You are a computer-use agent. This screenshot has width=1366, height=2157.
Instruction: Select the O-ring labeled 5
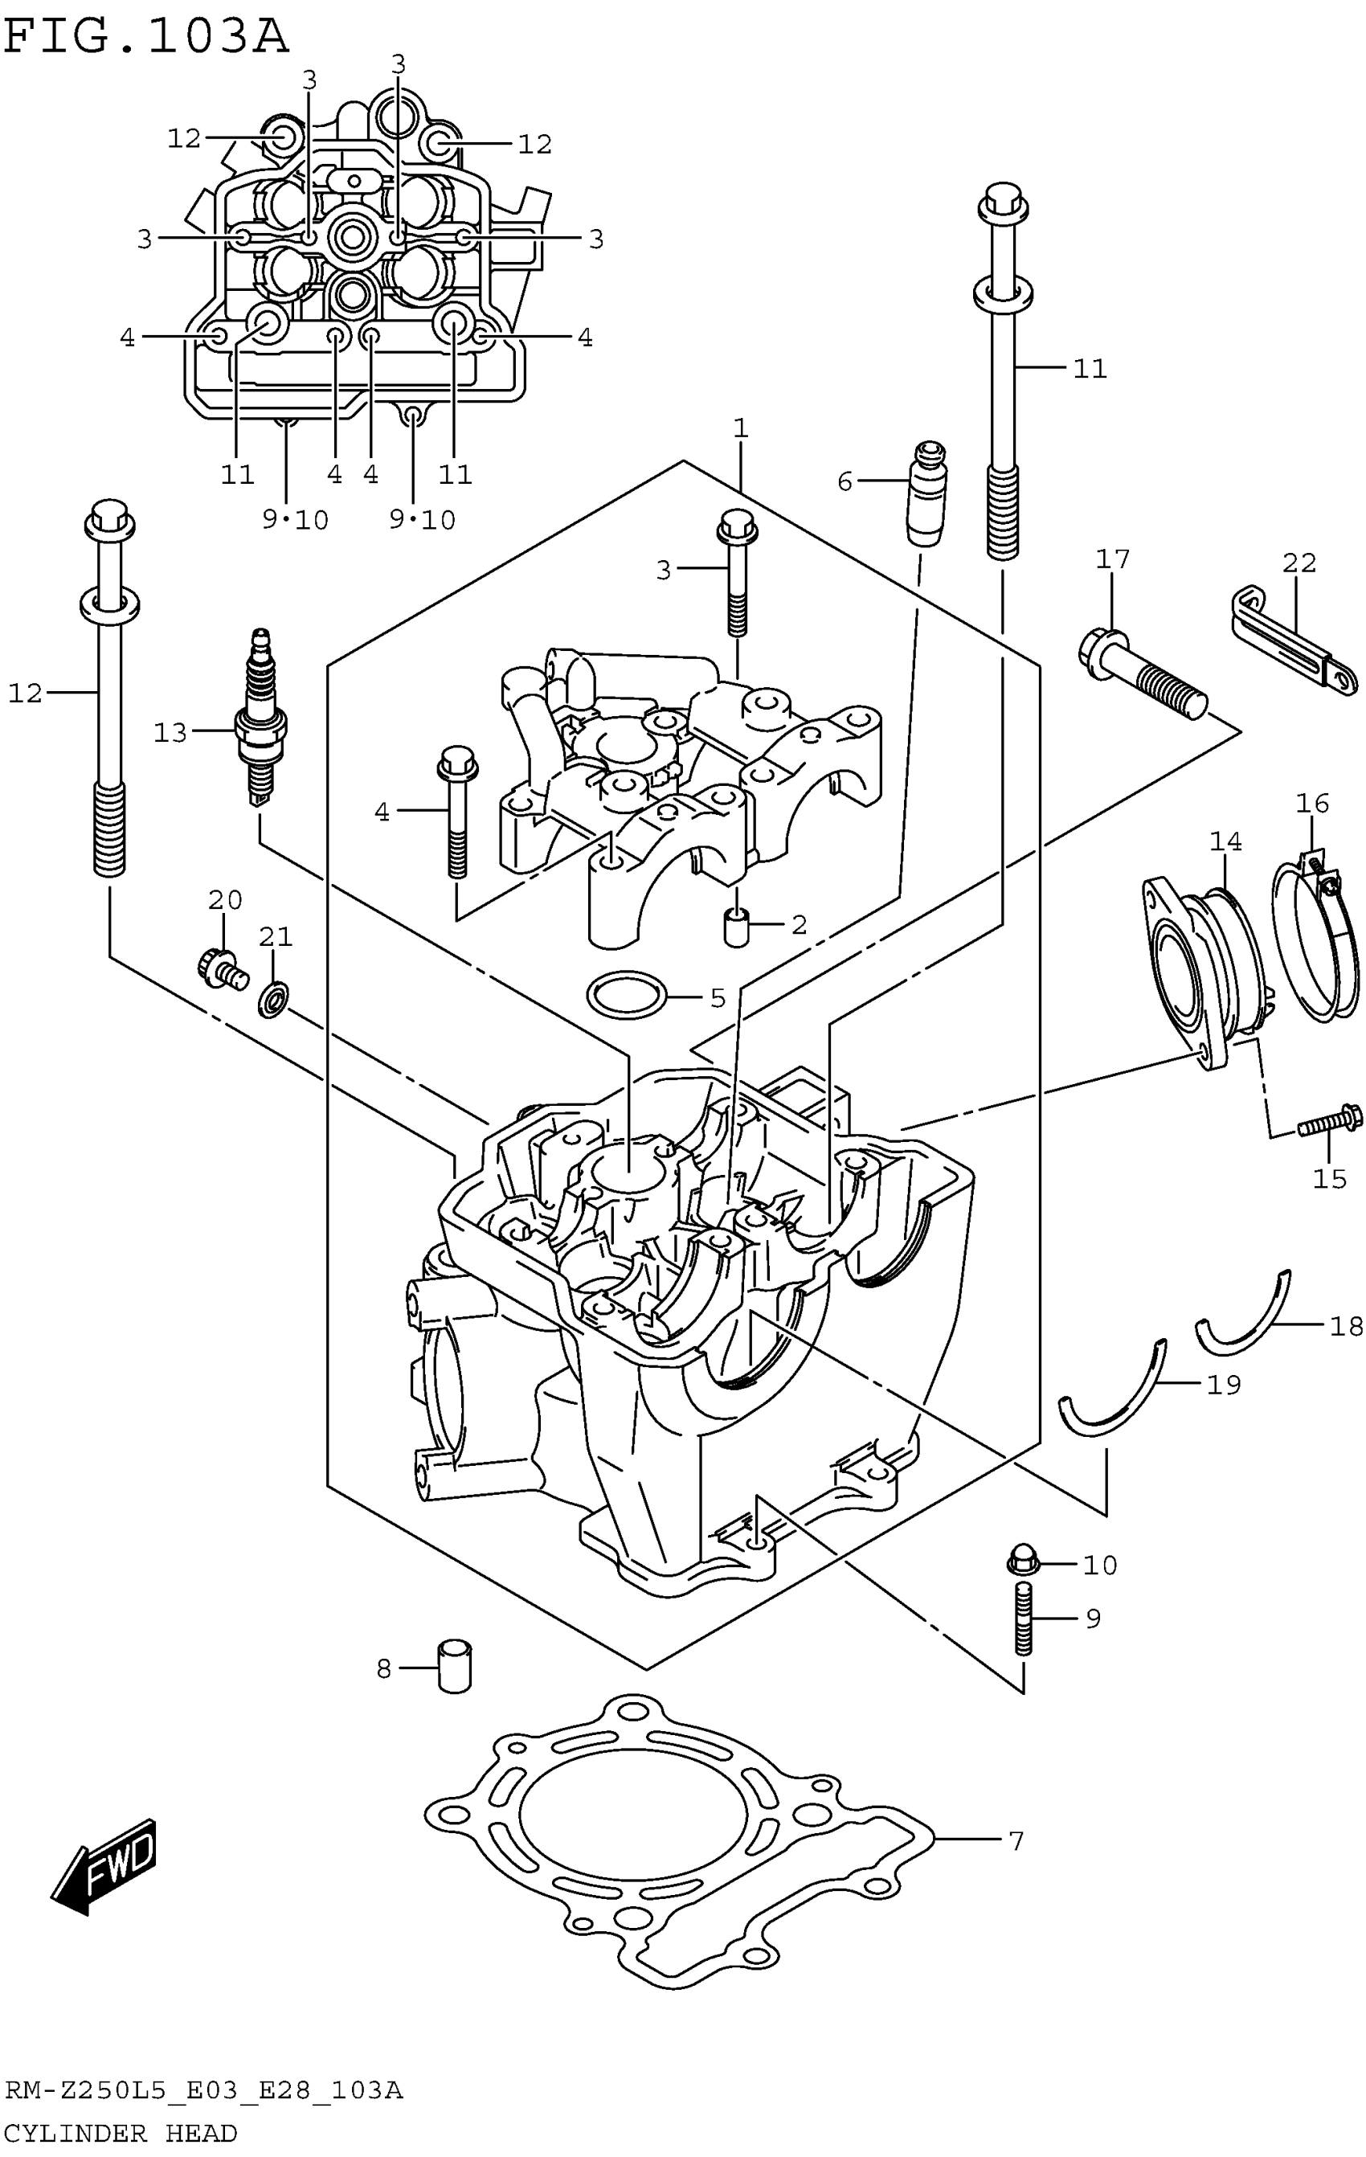pyautogui.click(x=627, y=993)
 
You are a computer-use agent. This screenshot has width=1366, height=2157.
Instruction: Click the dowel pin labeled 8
pyautogui.click(x=454, y=1666)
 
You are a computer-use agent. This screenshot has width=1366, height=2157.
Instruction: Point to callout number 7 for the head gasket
pyautogui.click(x=1016, y=1842)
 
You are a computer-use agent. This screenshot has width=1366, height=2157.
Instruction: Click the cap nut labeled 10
pyautogui.click(x=1023, y=1560)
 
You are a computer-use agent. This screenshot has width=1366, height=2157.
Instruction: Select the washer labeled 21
pyautogui.click(x=273, y=998)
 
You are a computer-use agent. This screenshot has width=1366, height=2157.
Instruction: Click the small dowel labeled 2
pyautogui.click(x=735, y=925)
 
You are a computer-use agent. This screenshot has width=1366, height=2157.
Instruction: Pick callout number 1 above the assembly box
pyautogui.click(x=740, y=428)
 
